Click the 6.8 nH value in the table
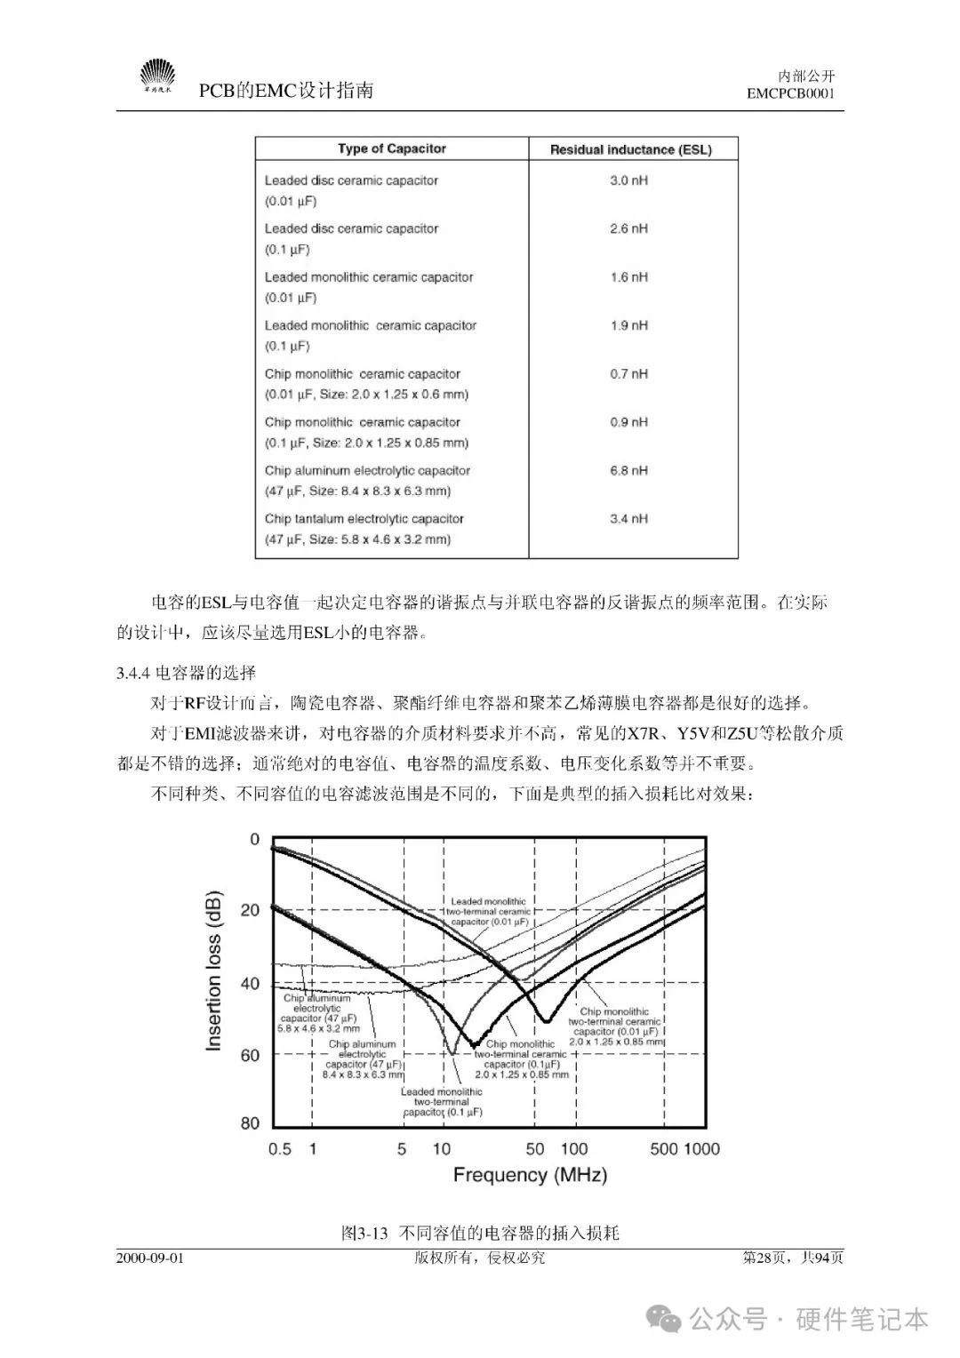point(628,470)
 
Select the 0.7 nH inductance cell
point(628,373)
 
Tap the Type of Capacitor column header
point(391,148)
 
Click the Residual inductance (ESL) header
point(630,149)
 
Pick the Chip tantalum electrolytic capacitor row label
point(364,518)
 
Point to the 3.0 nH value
point(628,180)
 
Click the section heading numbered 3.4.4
point(186,673)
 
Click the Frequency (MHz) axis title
point(530,1174)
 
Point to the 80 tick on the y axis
point(250,1123)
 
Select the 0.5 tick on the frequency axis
point(279,1148)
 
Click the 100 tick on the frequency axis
point(574,1148)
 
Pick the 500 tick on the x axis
point(664,1148)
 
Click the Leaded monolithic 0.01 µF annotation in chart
point(488,911)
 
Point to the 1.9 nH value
point(628,325)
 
